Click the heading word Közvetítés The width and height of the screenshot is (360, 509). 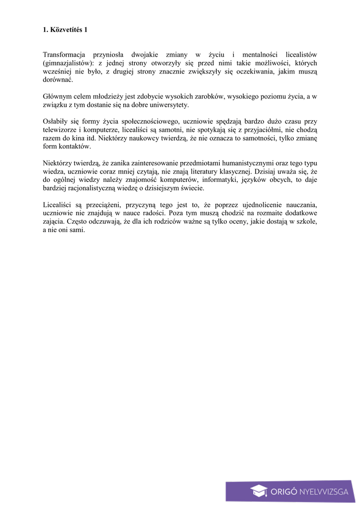65,30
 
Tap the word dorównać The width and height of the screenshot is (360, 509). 58,80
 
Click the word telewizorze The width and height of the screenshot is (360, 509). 61,130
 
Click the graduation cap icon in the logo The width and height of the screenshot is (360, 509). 259,491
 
